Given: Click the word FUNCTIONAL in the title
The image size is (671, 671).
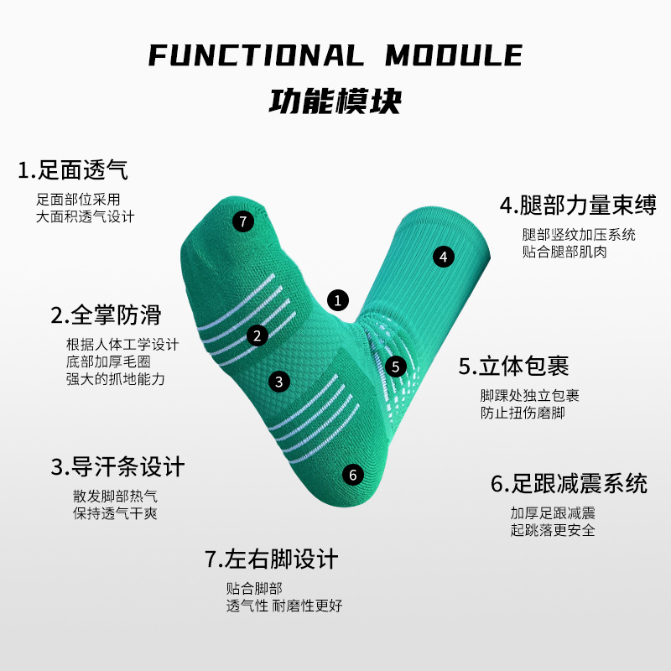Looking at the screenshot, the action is point(256,56).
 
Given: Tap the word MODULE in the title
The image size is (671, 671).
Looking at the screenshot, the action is point(454,56).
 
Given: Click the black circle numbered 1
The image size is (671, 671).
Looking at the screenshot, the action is point(337,299).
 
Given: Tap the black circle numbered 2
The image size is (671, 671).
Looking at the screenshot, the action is point(257,335).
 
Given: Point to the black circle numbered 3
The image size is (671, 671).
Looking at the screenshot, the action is point(279,381).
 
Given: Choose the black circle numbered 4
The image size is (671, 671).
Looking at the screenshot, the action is point(444,257).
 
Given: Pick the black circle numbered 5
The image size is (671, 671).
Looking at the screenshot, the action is point(397,367).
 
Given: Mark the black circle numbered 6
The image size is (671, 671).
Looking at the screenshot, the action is point(353,475).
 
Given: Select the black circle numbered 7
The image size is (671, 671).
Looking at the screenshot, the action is point(242,221).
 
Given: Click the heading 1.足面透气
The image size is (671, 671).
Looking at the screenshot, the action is point(73,170).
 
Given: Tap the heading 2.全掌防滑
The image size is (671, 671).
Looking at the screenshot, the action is point(106,315).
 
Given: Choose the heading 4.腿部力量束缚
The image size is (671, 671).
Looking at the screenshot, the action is point(577,205).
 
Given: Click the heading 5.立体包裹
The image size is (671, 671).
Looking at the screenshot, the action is point(513,366).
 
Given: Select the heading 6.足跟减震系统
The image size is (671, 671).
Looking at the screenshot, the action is point(569,484).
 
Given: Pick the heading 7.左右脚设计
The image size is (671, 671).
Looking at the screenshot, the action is point(271,559).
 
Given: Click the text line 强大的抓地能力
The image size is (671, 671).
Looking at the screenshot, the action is point(116,379).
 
